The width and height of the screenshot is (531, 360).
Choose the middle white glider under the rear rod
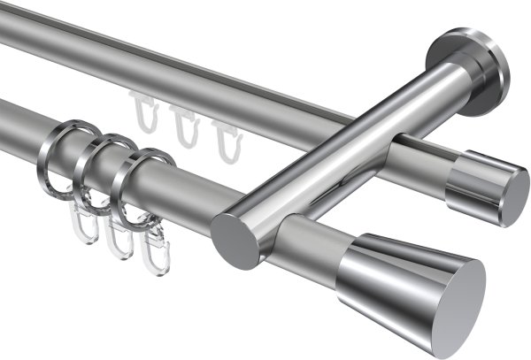(x=183, y=126)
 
